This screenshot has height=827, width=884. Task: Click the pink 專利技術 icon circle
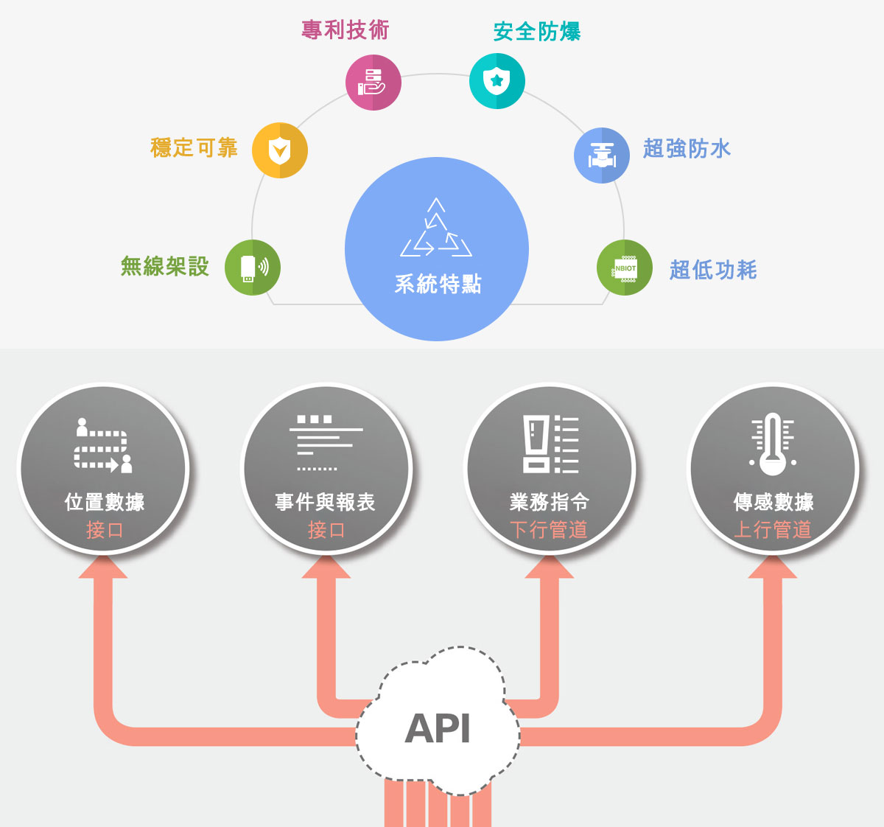coord(373,82)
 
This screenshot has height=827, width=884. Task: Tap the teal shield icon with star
coord(497,81)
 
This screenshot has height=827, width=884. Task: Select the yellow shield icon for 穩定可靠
coord(280,150)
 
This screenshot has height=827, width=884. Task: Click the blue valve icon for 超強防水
coord(602,155)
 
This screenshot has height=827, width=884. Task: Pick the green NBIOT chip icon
coord(625,268)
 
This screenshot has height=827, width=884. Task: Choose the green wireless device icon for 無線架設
coord(253,267)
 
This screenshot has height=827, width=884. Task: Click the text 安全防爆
coord(537,32)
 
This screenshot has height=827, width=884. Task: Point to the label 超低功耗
coord(713,270)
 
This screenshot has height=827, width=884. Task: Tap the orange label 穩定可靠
coord(194,148)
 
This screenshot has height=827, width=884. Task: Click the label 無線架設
coord(165,266)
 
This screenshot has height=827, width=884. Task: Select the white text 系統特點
coord(438,284)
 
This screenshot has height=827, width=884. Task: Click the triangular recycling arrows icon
coord(436,228)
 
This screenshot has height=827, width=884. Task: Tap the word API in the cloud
coord(438,728)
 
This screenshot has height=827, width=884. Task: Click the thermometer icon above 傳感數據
coord(772,444)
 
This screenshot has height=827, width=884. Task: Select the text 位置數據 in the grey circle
coord(105,503)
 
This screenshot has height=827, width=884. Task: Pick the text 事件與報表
coord(326,503)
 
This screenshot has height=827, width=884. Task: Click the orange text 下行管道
coord(549,529)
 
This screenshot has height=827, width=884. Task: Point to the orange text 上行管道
coord(773,529)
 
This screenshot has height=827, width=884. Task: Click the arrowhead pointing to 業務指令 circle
coord(550,568)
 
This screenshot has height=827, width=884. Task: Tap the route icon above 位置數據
coord(104,446)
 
